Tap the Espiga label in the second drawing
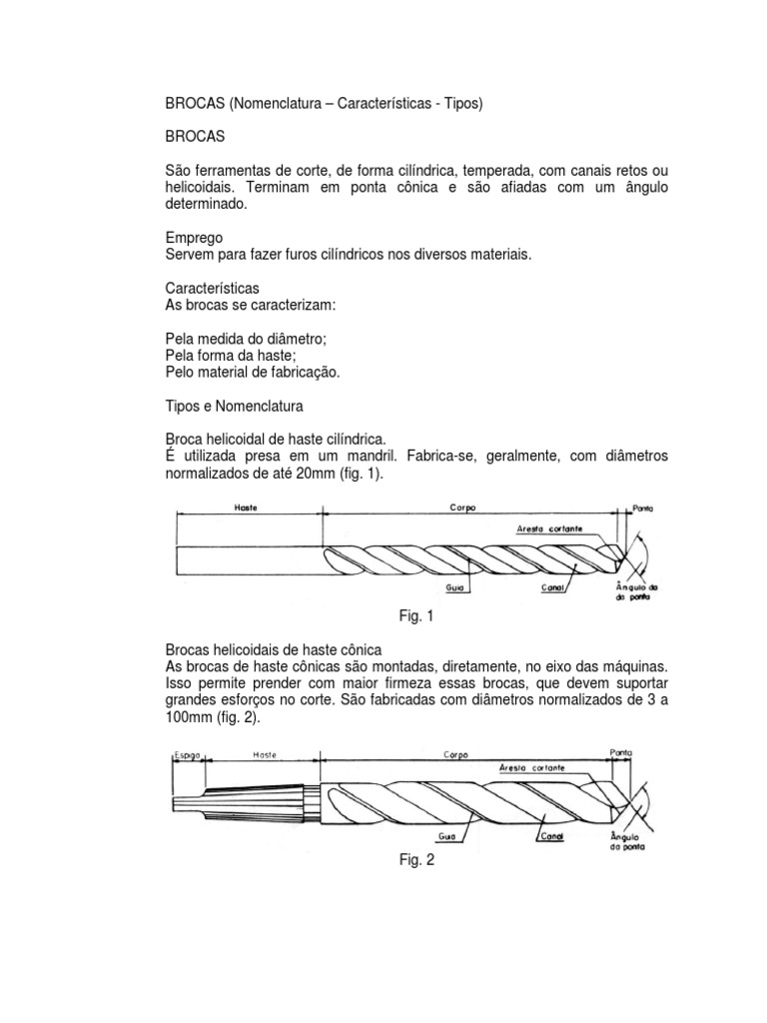pos(187,756)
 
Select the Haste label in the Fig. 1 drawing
pos(246,509)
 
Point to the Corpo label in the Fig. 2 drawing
pos(445,756)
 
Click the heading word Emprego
pos(194,239)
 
